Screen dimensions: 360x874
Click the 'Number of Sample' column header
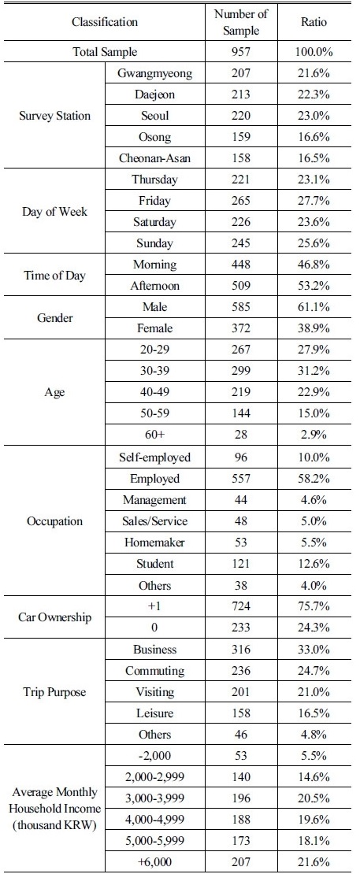click(241, 22)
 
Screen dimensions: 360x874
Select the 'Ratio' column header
click(314, 22)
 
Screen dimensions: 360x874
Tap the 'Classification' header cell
click(105, 22)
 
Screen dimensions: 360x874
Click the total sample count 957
click(241, 53)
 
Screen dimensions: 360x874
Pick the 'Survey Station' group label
click(54, 116)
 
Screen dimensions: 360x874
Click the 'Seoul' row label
click(155, 116)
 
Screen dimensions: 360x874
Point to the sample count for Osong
click(241, 137)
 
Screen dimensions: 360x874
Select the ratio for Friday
click(314, 201)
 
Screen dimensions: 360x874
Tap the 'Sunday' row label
click(155, 243)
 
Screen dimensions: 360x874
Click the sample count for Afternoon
click(241, 285)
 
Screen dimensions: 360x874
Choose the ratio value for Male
click(314, 306)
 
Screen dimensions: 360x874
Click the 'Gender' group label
click(54, 318)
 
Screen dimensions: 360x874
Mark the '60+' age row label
click(155, 434)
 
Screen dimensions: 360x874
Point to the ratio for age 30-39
click(314, 370)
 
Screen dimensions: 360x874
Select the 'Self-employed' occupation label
click(155, 457)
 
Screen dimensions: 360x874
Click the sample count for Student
click(241, 564)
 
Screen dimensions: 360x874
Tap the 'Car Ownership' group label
click(54, 617)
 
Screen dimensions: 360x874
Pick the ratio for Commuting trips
click(314, 671)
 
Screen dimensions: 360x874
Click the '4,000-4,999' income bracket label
click(155, 819)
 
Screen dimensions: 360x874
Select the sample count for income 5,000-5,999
click(241, 840)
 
